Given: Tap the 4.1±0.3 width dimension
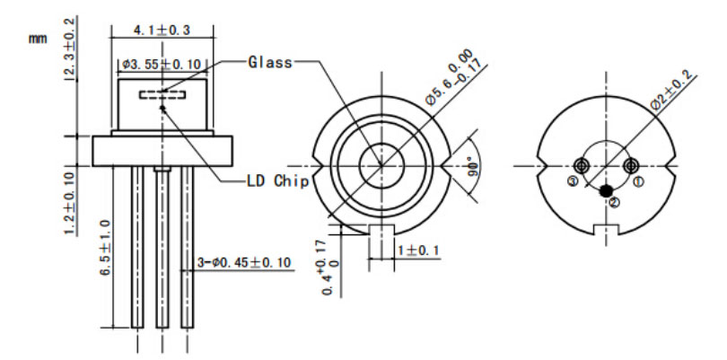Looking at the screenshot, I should coord(162,31).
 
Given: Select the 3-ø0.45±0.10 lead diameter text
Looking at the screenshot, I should coord(247,263).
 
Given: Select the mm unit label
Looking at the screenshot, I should coord(37,40).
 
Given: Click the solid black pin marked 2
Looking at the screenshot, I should coord(608,190).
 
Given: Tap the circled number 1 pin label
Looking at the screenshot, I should coord(639,181).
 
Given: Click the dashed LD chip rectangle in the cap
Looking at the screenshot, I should coord(162,93).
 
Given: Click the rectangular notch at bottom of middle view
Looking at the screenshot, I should coord(383,230).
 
